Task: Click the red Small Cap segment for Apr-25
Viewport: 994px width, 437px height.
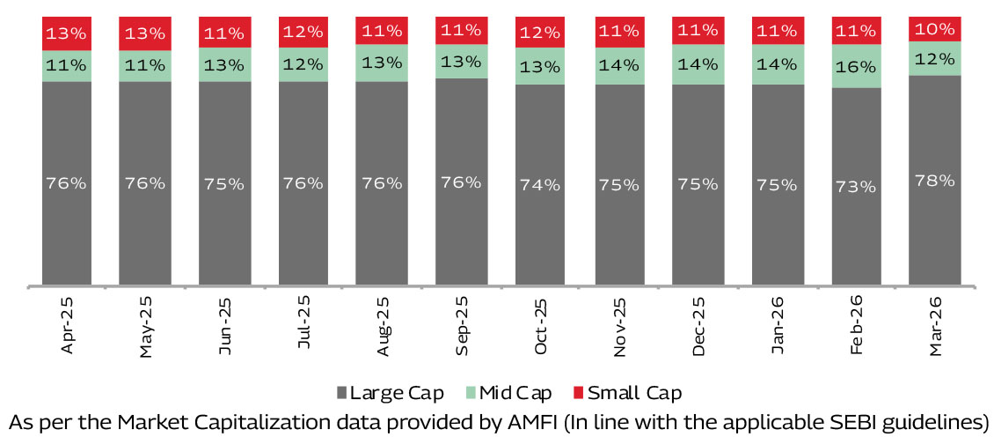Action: [67, 33]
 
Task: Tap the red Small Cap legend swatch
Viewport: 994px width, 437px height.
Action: [579, 392]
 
